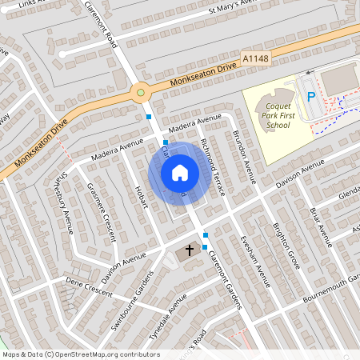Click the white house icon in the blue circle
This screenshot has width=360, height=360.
(x=180, y=172)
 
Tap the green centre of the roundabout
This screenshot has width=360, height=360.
(x=141, y=92)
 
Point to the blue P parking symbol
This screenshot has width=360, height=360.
(x=310, y=97)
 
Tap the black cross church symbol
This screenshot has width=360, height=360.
(x=190, y=250)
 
